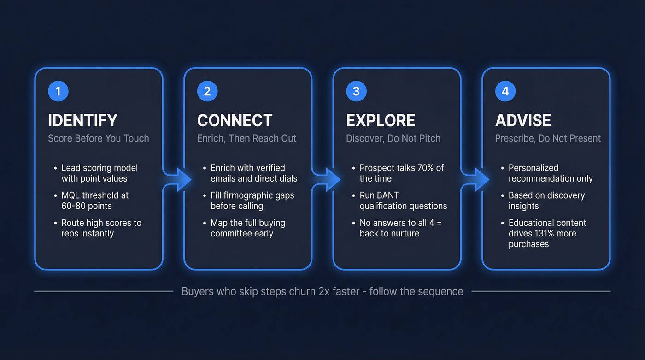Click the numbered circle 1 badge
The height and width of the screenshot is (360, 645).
[x=58, y=91]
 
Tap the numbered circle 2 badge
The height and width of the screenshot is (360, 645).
[x=207, y=91]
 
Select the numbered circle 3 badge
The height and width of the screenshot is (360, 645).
[x=356, y=91]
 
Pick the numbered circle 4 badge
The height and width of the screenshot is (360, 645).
[x=505, y=91]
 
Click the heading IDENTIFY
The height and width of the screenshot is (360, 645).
[x=82, y=120]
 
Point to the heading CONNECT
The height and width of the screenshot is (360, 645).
[x=235, y=120]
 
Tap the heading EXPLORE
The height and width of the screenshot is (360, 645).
[x=381, y=120]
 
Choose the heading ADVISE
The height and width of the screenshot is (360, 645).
[x=523, y=120]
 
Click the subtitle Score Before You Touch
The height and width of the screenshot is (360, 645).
[x=99, y=138]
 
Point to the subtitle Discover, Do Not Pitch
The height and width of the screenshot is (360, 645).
[x=393, y=138]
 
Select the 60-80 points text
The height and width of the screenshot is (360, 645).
[x=87, y=206]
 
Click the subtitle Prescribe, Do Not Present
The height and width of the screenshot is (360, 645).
[x=548, y=138]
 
